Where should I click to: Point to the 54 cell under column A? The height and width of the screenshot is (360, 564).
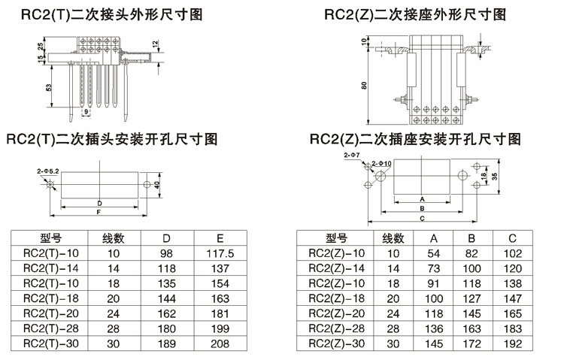[433, 253]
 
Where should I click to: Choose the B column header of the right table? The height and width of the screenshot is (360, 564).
[471, 239]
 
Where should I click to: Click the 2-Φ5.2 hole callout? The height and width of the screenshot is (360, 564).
[48, 171]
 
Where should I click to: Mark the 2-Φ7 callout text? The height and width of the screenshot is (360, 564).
[351, 155]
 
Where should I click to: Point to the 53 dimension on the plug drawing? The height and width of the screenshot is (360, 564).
[48, 88]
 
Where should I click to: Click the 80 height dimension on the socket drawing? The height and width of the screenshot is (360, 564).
[364, 85]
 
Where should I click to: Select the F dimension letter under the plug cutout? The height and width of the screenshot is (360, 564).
[99, 212]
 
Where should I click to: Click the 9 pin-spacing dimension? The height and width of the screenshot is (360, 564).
[86, 112]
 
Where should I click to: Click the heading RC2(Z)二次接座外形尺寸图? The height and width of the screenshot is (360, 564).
[415, 14]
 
